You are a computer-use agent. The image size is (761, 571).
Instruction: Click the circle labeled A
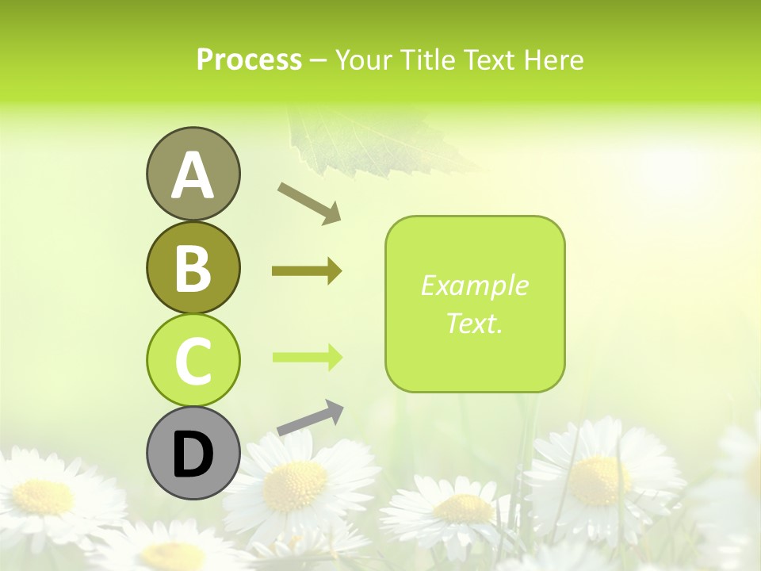click(x=193, y=174)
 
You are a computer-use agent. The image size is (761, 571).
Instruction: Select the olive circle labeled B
click(x=193, y=267)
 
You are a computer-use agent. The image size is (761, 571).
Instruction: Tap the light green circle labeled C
click(x=193, y=360)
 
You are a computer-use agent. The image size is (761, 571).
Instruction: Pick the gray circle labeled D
click(x=193, y=453)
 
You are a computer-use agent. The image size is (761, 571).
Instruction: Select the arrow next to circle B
click(x=307, y=271)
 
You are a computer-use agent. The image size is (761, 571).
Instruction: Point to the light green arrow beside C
click(x=307, y=357)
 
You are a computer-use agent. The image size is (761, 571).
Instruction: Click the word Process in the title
click(x=249, y=59)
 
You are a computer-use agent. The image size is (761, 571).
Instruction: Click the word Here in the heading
click(x=555, y=59)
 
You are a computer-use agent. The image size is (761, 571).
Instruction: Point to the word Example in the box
click(x=474, y=285)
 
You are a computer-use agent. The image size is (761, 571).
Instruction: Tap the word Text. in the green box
click(x=474, y=323)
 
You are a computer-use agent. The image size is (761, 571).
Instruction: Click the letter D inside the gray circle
click(x=193, y=454)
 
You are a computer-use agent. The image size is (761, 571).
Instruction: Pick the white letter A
click(x=193, y=175)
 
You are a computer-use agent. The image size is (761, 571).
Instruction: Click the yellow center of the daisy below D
click(x=295, y=485)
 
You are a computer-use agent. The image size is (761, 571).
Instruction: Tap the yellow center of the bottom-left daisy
click(x=44, y=496)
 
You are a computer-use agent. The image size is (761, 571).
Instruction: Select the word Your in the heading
click(x=361, y=59)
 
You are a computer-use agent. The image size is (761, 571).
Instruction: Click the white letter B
click(x=193, y=268)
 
